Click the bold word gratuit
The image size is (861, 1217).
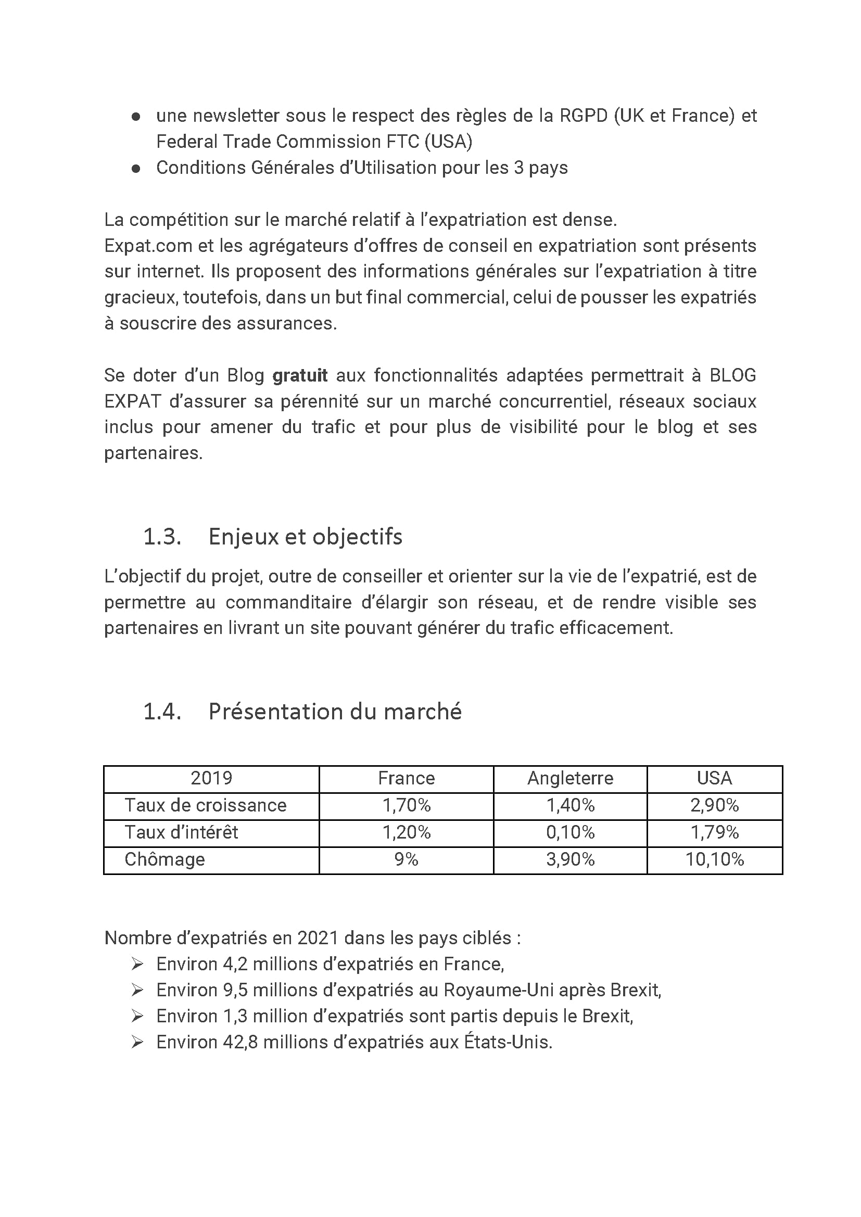(299, 375)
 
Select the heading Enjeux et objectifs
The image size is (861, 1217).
(306, 537)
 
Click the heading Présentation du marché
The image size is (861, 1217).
(335, 712)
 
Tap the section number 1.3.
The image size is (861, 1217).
(162, 537)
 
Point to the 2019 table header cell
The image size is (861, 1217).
(211, 778)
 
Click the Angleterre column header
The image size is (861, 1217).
(570, 778)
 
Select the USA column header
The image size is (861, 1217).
(714, 778)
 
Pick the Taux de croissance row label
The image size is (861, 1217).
(205, 805)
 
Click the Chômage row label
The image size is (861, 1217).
(164, 859)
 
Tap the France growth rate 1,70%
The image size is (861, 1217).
(406, 805)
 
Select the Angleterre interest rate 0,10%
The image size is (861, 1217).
(570, 832)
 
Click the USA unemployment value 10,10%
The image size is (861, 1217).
(714, 859)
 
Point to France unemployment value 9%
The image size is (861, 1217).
(406, 859)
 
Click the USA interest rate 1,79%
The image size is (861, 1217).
(714, 832)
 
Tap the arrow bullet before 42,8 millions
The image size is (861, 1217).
(137, 1042)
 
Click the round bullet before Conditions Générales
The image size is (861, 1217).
(136, 169)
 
